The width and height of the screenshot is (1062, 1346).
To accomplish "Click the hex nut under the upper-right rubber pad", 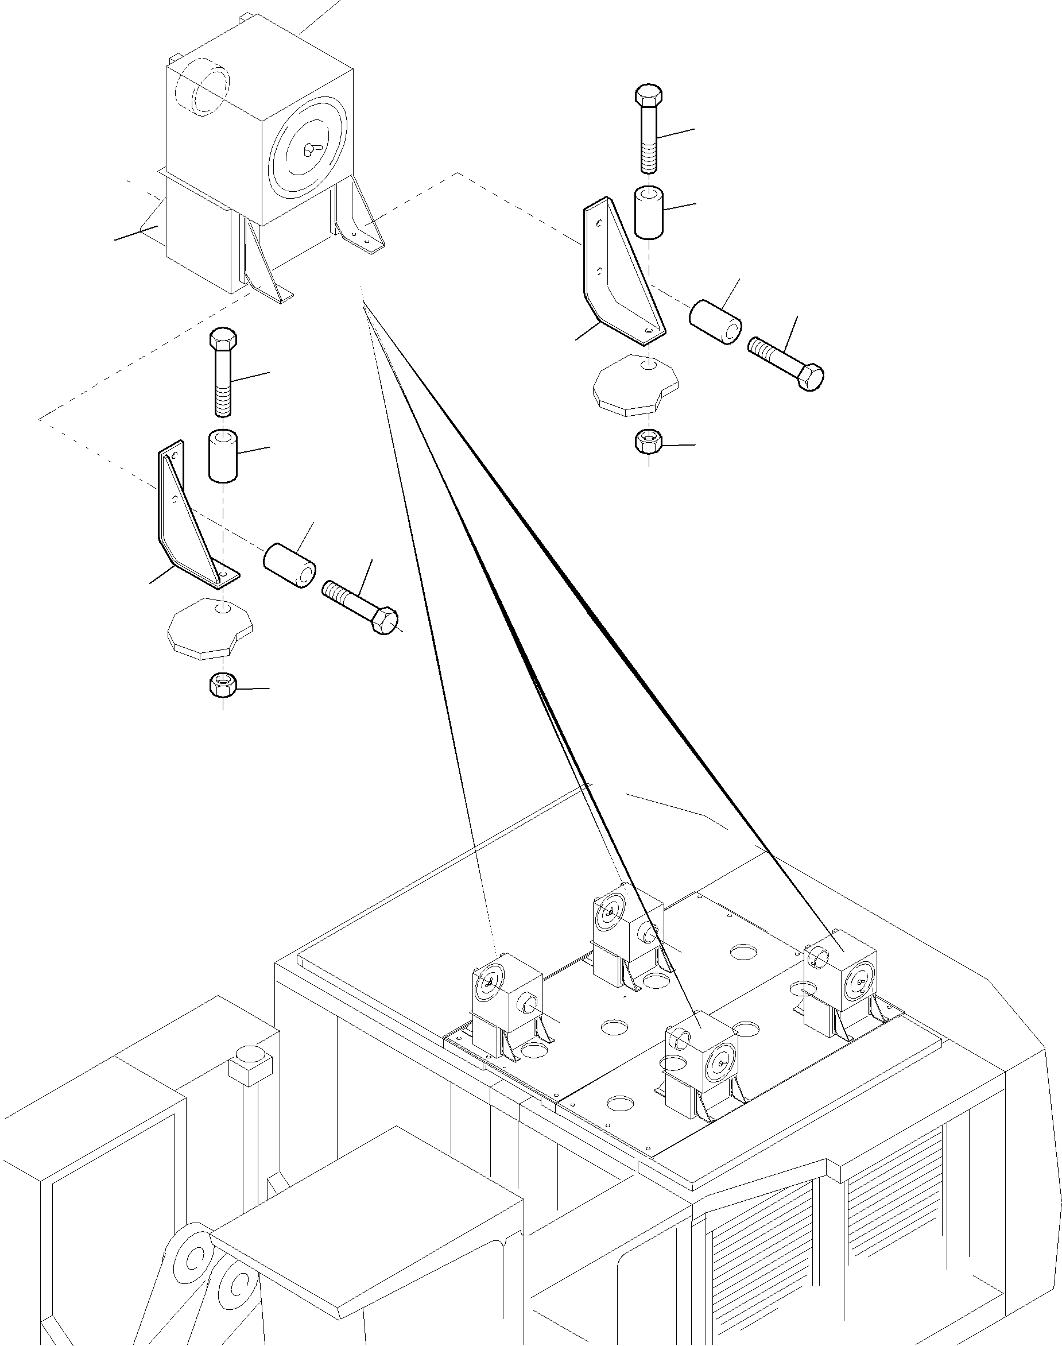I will [649, 442].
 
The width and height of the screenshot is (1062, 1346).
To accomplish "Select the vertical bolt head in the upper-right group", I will [649, 95].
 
